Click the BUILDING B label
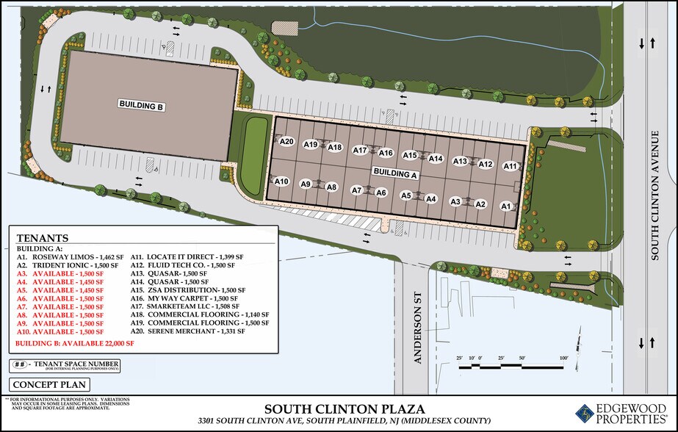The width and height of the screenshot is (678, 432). pos(141,105)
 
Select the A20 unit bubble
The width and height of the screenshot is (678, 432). pos(286,142)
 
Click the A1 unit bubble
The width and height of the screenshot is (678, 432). pos(506,207)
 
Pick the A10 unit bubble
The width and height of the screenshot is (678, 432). pos(281,181)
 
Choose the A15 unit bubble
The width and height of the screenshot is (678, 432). pos(410,155)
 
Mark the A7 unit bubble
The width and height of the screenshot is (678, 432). pos(357,190)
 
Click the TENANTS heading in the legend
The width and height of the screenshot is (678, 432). pos(43,238)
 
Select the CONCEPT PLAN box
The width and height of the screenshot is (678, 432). pos(50,384)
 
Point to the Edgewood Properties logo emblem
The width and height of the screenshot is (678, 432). pos(585,413)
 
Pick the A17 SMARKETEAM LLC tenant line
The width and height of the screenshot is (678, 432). pos(184,306)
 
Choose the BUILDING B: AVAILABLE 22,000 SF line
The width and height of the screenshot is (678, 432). pos(76,343)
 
